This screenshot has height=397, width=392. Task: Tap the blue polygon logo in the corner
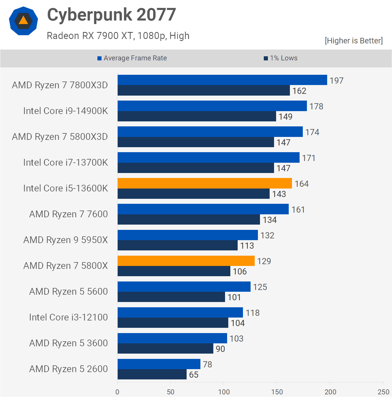23,21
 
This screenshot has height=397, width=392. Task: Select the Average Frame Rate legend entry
132,58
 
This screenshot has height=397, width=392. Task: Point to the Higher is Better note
354,40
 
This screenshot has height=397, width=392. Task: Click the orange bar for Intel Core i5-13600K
205,183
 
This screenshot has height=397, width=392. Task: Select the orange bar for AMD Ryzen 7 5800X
186,261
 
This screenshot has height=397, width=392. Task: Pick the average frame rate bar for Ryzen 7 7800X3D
222,80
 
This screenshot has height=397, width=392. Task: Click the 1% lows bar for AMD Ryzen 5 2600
152,374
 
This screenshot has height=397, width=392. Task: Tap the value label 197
336,81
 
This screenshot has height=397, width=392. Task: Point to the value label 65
194,375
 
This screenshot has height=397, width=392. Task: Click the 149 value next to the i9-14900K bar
285,117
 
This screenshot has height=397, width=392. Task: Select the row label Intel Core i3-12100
68,317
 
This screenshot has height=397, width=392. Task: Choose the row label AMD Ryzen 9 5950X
65,240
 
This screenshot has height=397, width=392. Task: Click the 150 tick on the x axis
277,392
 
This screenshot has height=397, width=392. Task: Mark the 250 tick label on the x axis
383,392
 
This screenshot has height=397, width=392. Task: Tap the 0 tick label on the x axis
117,392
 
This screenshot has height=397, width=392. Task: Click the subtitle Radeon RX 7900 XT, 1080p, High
118,36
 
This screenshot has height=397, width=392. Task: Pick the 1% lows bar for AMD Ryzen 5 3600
165,349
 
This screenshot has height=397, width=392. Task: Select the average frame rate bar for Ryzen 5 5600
184,286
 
